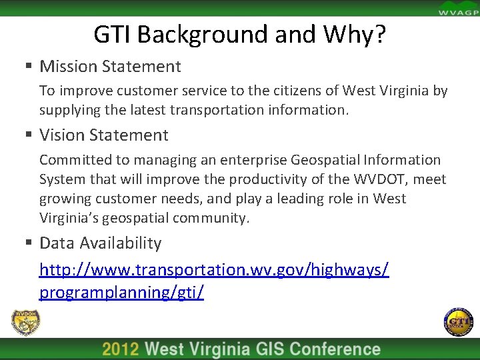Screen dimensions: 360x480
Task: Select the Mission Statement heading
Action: (110, 66)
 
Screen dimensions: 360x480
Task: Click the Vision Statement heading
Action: (104, 135)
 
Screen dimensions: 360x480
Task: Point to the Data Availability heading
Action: (101, 243)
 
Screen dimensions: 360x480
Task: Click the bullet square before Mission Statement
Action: (29, 67)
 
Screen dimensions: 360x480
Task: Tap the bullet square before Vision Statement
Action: (29, 136)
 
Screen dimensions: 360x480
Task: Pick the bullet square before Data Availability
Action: (29, 244)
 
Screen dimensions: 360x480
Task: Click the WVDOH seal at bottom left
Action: (25, 323)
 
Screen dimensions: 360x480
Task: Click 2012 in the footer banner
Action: (121, 350)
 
